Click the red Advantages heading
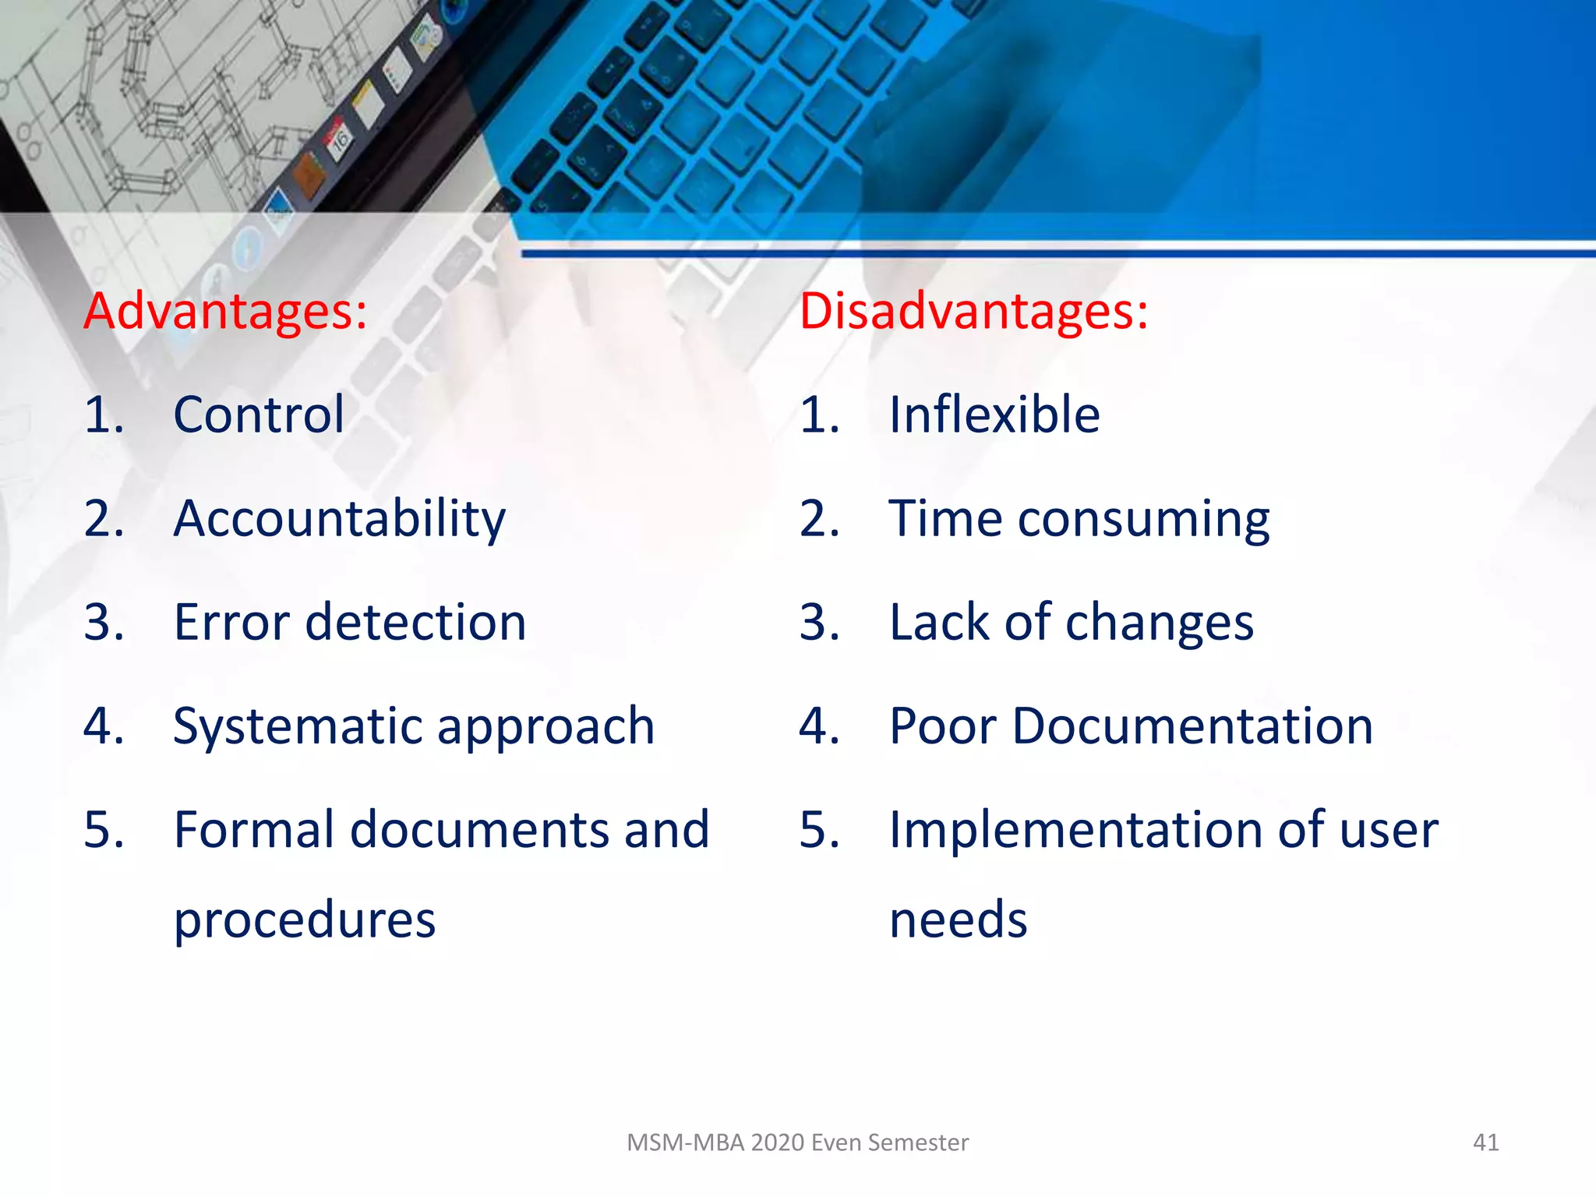click(x=225, y=311)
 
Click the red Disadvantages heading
click(x=973, y=311)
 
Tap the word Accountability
click(x=339, y=519)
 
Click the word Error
click(x=232, y=622)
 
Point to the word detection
click(x=416, y=622)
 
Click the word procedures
click(x=304, y=920)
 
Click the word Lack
click(x=939, y=622)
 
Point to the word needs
click(x=958, y=920)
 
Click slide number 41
click(x=1485, y=1142)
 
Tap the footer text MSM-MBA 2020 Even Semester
click(x=797, y=1142)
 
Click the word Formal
click(x=253, y=829)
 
